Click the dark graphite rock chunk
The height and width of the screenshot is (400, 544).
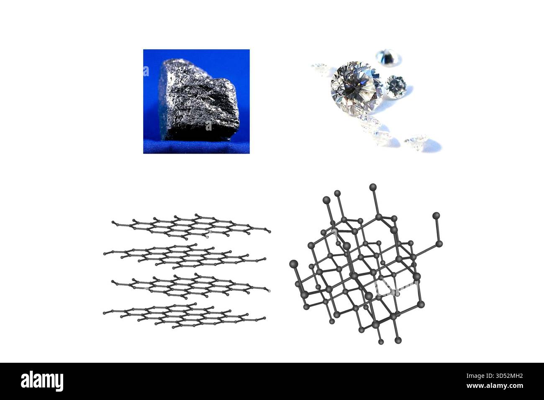(x=199, y=100)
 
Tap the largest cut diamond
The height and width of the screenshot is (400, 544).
(x=357, y=88)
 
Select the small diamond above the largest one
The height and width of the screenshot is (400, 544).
(x=388, y=57)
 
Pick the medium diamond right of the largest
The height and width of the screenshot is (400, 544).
(x=396, y=87)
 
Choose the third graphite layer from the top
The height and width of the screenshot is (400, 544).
(x=191, y=286)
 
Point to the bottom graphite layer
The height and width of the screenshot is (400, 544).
(x=185, y=315)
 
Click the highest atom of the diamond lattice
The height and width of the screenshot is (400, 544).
(x=373, y=187)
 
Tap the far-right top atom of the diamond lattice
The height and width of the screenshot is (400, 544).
(x=436, y=215)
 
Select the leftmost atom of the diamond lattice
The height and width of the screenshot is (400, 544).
(x=294, y=264)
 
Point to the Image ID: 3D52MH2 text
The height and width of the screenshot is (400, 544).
(x=495, y=376)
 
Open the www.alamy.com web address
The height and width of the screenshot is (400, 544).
(x=495, y=386)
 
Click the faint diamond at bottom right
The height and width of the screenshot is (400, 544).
(x=416, y=143)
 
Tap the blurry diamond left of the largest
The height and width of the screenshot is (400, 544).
(x=320, y=69)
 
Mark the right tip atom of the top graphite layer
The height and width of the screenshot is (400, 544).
(x=270, y=232)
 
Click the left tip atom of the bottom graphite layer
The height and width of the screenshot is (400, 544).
(x=105, y=313)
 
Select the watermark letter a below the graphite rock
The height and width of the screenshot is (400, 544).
(x=209, y=126)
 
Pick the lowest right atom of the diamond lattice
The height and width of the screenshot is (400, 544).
(x=398, y=341)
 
